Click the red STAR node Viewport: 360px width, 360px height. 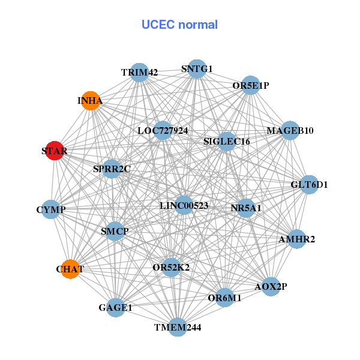[x=55, y=151]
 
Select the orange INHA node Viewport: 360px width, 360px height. [x=91, y=101]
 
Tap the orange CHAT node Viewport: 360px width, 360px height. [x=70, y=269]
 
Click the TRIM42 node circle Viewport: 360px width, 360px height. [x=139, y=73]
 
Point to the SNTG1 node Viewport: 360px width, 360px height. [x=197, y=69]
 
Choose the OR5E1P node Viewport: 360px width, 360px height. [x=251, y=86]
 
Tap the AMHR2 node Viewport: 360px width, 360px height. [x=296, y=239]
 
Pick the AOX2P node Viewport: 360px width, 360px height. [x=271, y=286]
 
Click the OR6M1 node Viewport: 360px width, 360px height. [x=224, y=298]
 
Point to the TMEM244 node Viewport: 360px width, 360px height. [x=177, y=327]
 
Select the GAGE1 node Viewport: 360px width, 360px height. [x=116, y=308]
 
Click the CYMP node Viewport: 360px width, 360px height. [x=50, y=209]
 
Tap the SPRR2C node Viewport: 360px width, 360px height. [x=112, y=169]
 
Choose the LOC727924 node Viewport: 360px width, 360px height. [x=163, y=130]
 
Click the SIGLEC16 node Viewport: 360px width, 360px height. [x=226, y=142]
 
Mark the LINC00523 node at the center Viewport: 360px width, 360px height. [x=184, y=205]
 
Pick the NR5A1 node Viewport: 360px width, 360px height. [x=246, y=208]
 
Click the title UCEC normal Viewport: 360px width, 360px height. [x=179, y=25]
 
